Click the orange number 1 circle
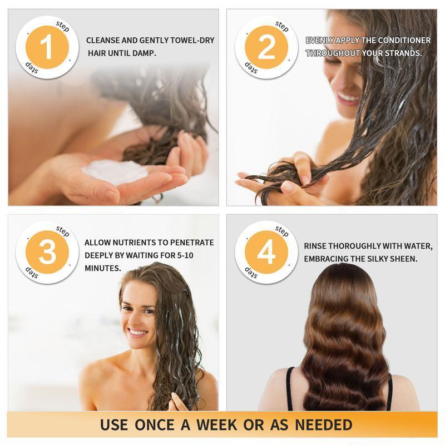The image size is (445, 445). [x=47, y=48]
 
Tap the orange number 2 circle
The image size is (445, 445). [x=266, y=48]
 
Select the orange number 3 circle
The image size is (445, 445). [x=47, y=253]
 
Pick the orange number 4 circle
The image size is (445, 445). [x=266, y=253]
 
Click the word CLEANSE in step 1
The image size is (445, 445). [x=105, y=41]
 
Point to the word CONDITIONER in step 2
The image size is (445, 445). [x=404, y=41]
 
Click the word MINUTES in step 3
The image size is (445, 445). [x=103, y=268]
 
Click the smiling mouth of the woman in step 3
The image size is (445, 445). [x=137, y=332]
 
